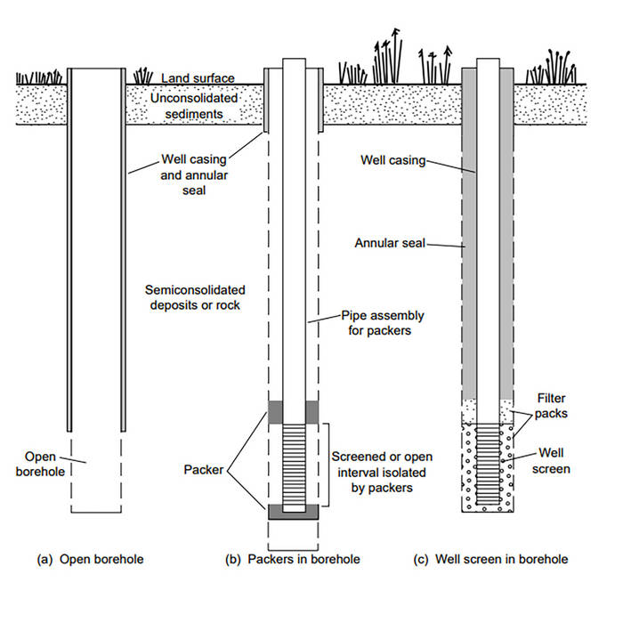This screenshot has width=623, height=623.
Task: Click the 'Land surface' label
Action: click(205, 79)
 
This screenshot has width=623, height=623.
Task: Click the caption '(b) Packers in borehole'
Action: click(292, 560)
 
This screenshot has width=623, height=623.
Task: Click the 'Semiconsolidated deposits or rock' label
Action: click(195, 298)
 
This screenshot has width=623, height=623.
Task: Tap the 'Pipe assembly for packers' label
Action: click(376, 321)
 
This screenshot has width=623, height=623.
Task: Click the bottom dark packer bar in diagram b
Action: click(293, 512)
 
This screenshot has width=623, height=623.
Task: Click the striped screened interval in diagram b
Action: click(293, 463)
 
